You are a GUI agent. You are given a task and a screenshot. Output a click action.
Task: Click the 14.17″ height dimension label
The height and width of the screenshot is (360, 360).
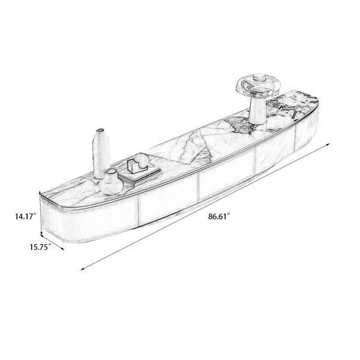coord(26,216)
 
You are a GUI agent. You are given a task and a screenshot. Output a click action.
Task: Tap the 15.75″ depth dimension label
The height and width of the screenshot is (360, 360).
coord(40,247)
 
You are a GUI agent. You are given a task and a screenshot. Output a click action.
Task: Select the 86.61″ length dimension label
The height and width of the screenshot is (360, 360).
coord(219,217)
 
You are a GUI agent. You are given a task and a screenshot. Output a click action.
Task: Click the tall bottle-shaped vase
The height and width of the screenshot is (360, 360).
coord(101,153)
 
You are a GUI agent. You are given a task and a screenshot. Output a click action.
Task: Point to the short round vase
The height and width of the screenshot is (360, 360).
coord(111,182)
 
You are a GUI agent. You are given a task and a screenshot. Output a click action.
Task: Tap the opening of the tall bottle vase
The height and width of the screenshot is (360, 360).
coord(101,130)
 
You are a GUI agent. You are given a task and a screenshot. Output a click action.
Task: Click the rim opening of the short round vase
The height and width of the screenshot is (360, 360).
coord(110,172)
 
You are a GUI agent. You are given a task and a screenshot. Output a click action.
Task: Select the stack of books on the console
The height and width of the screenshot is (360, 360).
coord(140,175)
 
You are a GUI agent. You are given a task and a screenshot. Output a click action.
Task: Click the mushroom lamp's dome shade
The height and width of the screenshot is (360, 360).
coord(259,85)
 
